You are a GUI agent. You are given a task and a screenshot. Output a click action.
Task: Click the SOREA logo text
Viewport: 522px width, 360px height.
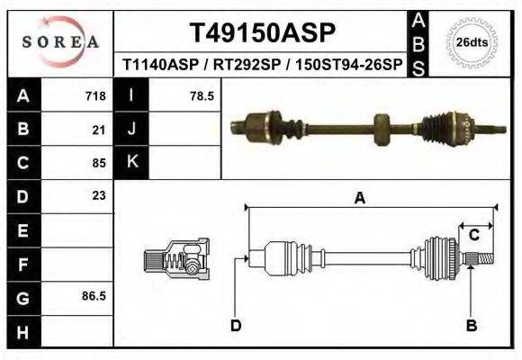point(59,41)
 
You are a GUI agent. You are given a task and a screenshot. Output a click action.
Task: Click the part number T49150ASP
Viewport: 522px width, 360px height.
point(262,33)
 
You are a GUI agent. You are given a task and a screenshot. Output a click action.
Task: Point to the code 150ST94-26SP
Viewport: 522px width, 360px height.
point(346,66)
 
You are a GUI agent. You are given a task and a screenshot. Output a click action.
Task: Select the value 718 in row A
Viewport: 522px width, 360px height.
point(95,96)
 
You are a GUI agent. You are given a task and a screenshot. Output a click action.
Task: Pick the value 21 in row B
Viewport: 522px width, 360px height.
point(99,130)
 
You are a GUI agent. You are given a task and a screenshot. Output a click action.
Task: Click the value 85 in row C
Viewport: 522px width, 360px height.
point(99,163)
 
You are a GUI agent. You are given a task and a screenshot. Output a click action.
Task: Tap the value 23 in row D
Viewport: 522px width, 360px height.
point(99,195)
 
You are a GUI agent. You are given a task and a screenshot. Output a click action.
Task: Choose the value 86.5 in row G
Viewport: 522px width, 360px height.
point(94,295)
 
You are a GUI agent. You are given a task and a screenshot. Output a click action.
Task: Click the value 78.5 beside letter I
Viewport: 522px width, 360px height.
point(202,96)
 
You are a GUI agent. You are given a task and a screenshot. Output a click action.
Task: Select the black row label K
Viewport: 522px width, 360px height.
point(132,163)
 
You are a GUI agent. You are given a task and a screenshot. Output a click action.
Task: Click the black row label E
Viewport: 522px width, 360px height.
point(23,229)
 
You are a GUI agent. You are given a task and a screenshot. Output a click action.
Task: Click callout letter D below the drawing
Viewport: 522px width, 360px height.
point(236,326)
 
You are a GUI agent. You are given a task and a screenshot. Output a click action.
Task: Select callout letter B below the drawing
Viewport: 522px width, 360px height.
point(470,326)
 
